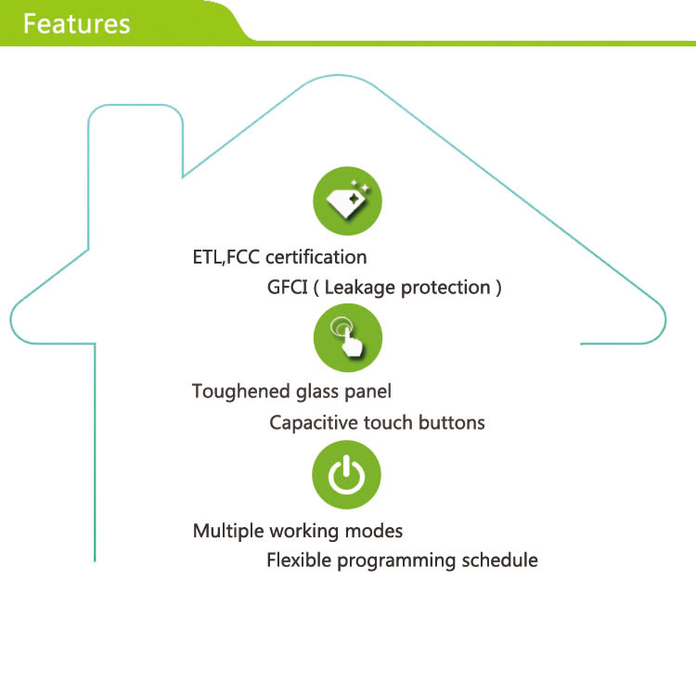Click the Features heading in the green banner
(x=76, y=23)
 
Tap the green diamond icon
(x=347, y=200)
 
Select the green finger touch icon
(x=347, y=338)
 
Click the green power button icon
(x=346, y=476)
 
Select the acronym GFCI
(x=287, y=288)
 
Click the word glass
(x=317, y=392)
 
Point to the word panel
(x=368, y=392)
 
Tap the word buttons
(x=450, y=423)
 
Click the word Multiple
(x=228, y=532)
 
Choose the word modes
(x=376, y=532)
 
